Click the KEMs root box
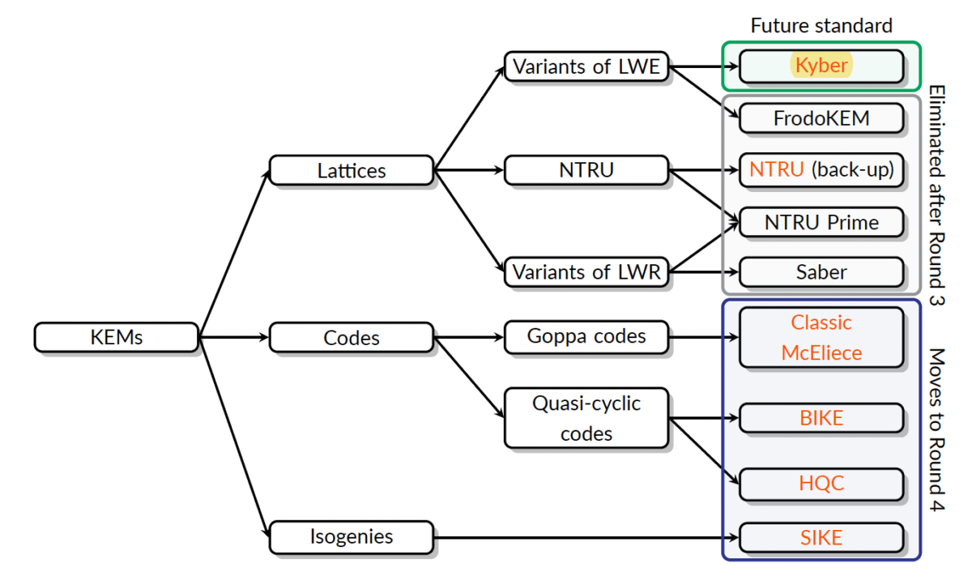[117, 337]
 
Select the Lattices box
[352, 171]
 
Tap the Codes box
[352, 337]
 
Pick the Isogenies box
[352, 536]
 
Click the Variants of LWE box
[586, 66]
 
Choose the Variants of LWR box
[586, 272]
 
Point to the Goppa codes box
[586, 336]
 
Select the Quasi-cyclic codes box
[586, 417]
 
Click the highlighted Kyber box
[821, 66]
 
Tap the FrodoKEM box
[821, 118]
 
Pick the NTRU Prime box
[821, 222]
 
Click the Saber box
[821, 272]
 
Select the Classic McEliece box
[821, 337]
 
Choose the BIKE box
[821, 418]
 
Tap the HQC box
[821, 484]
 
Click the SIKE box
[821, 536]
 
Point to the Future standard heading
[821, 25]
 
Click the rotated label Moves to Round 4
[936, 429]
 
